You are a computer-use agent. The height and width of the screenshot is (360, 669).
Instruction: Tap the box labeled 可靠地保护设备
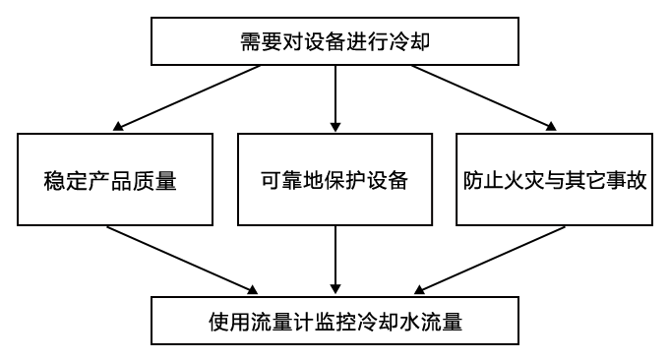[x=334, y=181]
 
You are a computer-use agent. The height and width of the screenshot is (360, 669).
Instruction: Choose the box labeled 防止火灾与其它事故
[x=555, y=181]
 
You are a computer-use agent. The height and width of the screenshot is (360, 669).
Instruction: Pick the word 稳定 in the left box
[x=67, y=182]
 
